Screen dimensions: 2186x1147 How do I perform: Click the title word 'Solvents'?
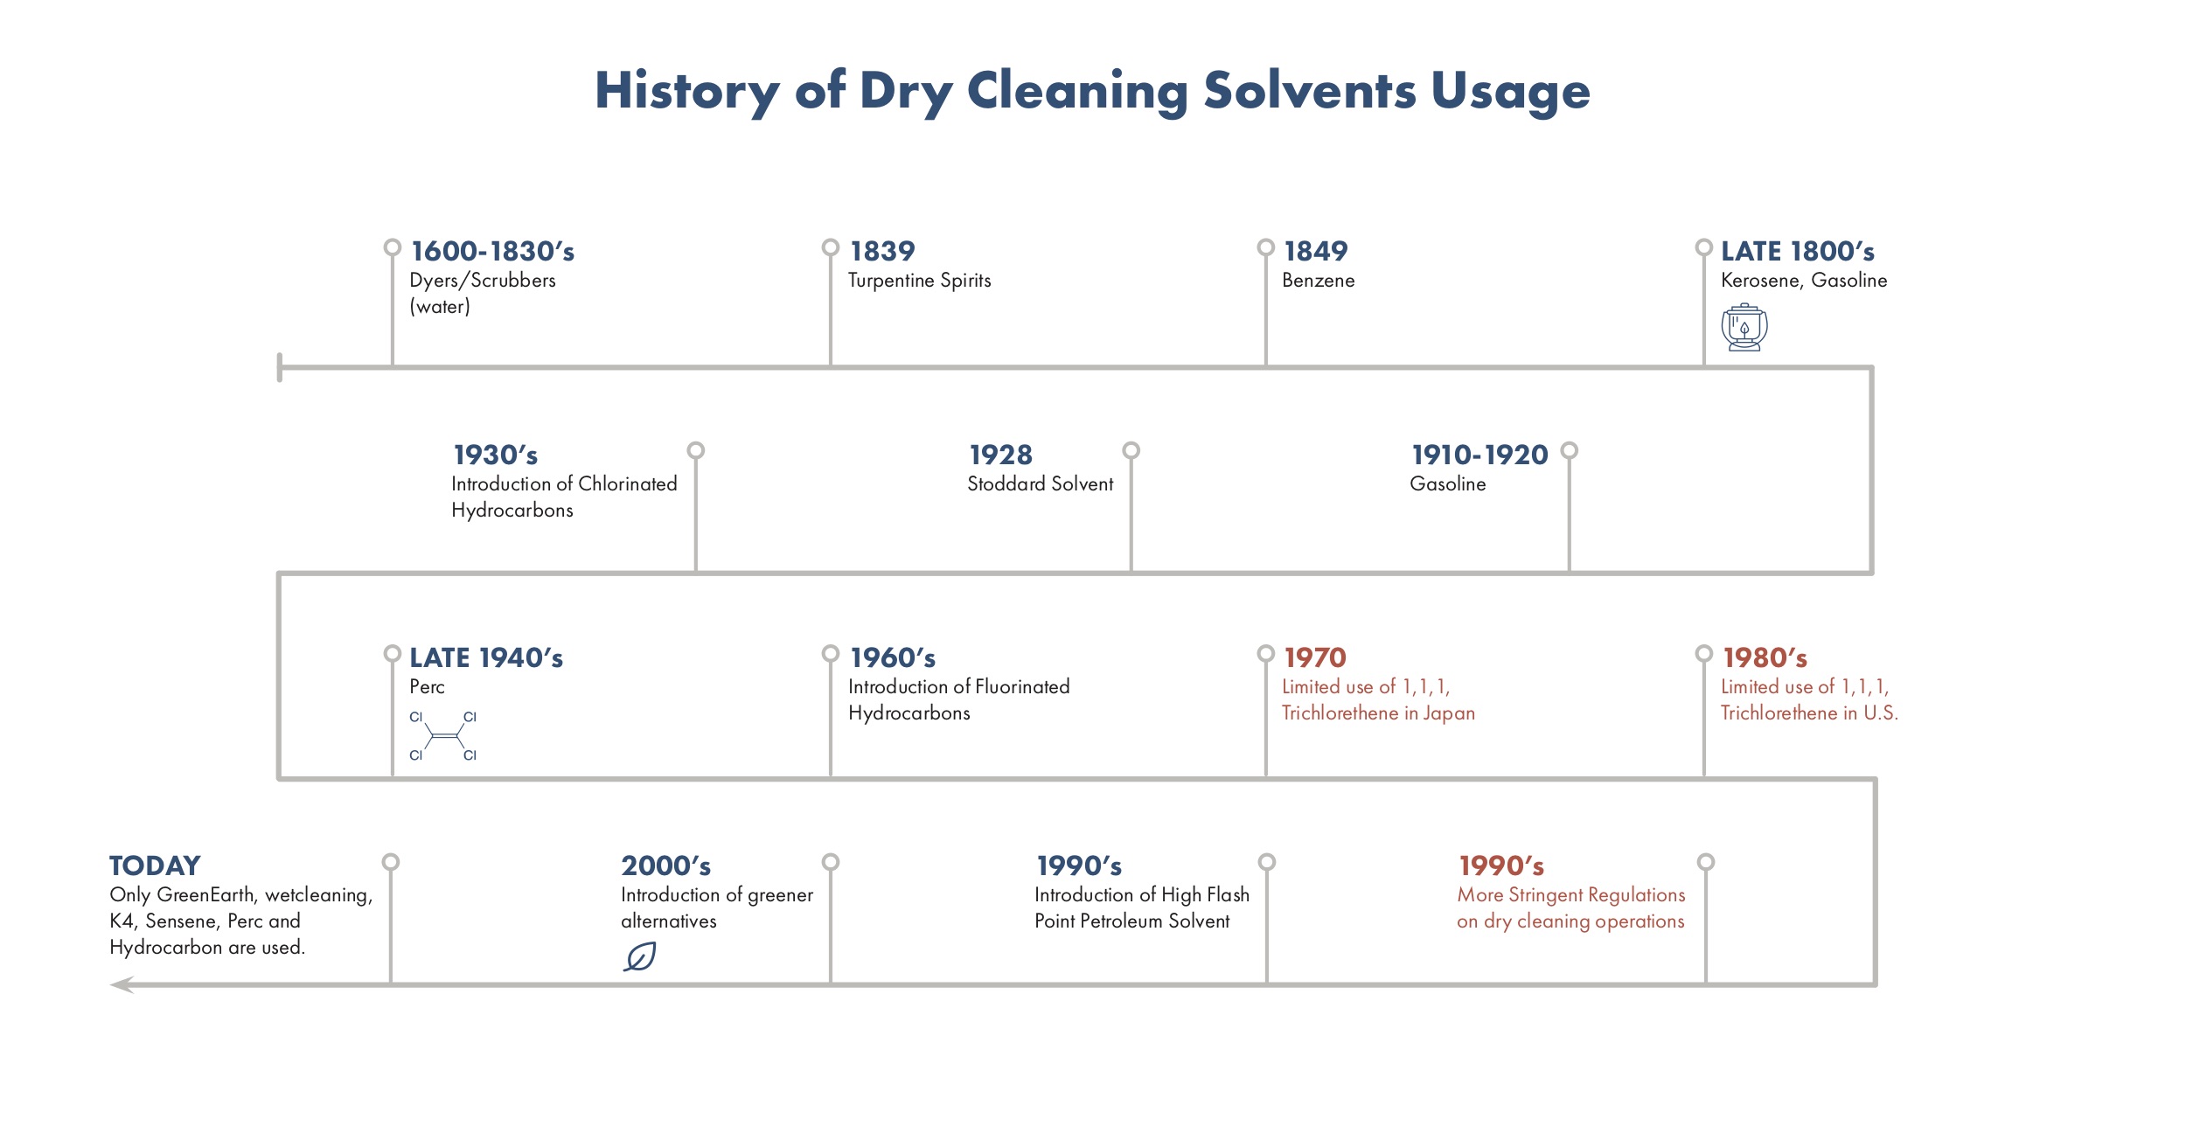(x=1309, y=90)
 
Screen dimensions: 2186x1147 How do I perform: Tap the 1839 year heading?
(x=882, y=252)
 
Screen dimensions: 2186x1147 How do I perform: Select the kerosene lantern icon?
(x=1744, y=328)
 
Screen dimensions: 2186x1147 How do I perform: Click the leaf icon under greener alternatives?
(x=640, y=956)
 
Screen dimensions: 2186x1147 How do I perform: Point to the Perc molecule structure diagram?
(x=443, y=736)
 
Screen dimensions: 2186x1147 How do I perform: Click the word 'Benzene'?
(x=1319, y=281)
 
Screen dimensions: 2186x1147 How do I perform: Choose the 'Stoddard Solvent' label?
(x=1041, y=483)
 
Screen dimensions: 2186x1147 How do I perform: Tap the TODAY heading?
(x=155, y=865)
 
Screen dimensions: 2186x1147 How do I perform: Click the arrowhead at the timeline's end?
(x=122, y=985)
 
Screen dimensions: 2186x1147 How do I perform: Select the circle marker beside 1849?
(x=1266, y=247)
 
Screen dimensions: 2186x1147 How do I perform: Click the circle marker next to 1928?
(x=1131, y=451)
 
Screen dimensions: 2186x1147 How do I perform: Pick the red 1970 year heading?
(x=1315, y=657)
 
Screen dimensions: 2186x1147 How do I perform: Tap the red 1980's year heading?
(x=1765, y=657)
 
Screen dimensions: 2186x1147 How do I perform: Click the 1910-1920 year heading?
(x=1479, y=455)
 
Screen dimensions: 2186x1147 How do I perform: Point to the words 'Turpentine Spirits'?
(x=920, y=281)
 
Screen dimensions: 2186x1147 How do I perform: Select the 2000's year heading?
(x=666, y=865)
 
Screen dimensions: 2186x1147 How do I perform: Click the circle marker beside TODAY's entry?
(x=391, y=862)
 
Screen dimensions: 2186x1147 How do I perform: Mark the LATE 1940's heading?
(x=486, y=657)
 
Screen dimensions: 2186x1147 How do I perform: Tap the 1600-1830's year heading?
(x=493, y=252)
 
